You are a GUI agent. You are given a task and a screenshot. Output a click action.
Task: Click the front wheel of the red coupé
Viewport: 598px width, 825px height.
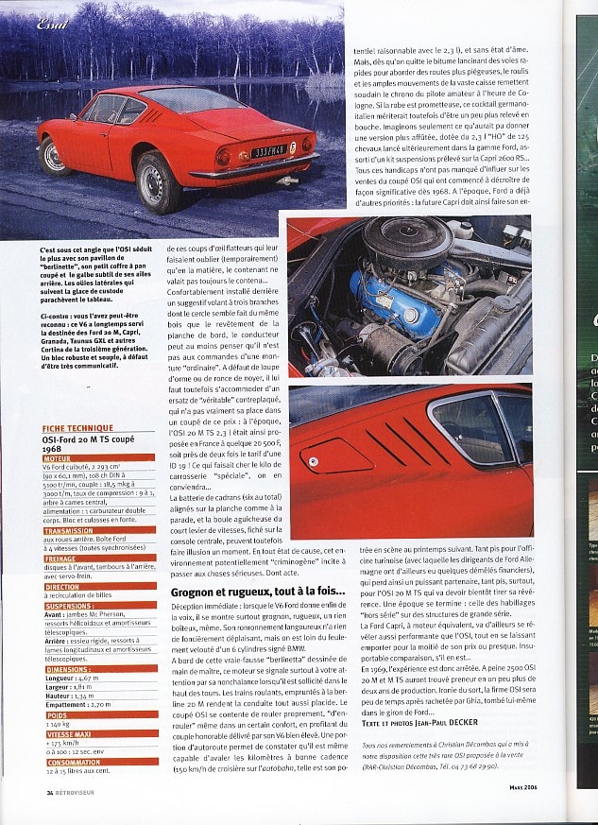coord(54,154)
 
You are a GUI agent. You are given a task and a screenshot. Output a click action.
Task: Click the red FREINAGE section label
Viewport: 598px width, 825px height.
coord(62,558)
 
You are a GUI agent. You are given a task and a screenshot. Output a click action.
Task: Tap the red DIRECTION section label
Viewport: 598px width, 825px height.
coord(62,586)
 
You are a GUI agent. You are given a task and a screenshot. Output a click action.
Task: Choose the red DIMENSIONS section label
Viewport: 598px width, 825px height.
coord(68,669)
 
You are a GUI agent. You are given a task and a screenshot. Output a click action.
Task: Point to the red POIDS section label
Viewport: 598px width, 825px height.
coord(57,714)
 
